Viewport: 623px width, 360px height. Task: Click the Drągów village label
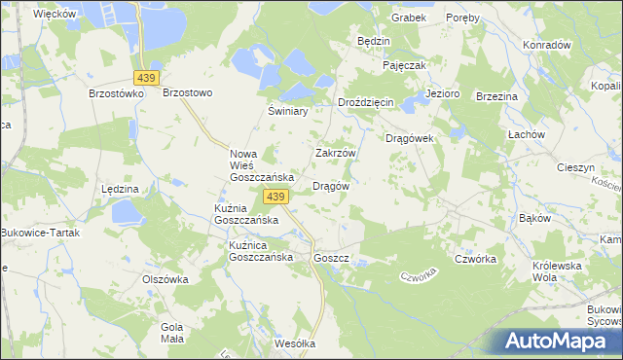tap(330, 185)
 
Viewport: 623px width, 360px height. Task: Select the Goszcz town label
tap(332, 259)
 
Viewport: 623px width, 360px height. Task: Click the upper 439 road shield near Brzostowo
tap(146, 77)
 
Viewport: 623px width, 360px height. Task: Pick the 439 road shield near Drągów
tap(275, 198)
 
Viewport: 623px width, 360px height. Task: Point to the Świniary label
tap(288, 111)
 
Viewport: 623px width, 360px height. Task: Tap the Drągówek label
tap(415, 138)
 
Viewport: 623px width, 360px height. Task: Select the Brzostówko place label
tap(116, 93)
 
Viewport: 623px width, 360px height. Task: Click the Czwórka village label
tap(476, 259)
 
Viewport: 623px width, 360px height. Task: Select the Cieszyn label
tap(575, 167)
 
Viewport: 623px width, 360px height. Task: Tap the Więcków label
tap(55, 15)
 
